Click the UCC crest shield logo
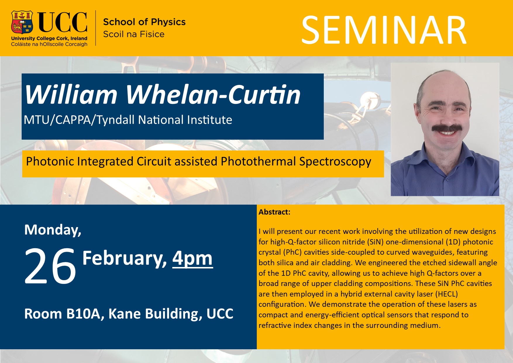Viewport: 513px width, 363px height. (x=22, y=22)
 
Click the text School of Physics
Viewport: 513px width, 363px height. (x=144, y=22)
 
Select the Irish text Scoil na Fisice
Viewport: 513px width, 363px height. (x=134, y=34)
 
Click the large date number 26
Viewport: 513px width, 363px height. (x=50, y=266)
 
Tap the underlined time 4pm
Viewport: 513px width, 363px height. (x=192, y=258)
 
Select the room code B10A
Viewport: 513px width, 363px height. (x=85, y=314)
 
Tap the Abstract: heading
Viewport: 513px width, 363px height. (x=274, y=212)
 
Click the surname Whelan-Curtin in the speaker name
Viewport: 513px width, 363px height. (x=213, y=95)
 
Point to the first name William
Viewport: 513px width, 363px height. (x=71, y=95)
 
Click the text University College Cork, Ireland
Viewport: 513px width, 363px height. (x=49, y=38)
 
